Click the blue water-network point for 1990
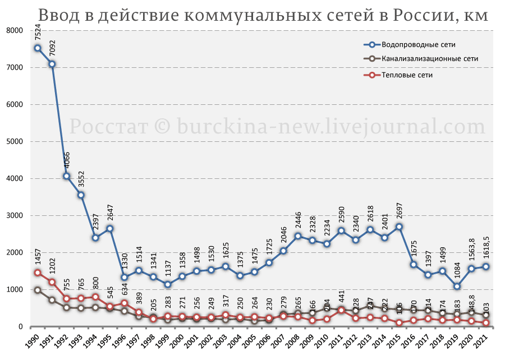coord(38,48)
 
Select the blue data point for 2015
coord(399,227)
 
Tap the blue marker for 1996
coord(125,277)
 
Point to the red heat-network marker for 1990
coord(38,273)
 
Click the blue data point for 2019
coord(457,287)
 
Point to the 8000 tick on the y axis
coord(15,30)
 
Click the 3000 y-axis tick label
coord(15,216)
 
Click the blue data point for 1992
coord(67,176)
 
